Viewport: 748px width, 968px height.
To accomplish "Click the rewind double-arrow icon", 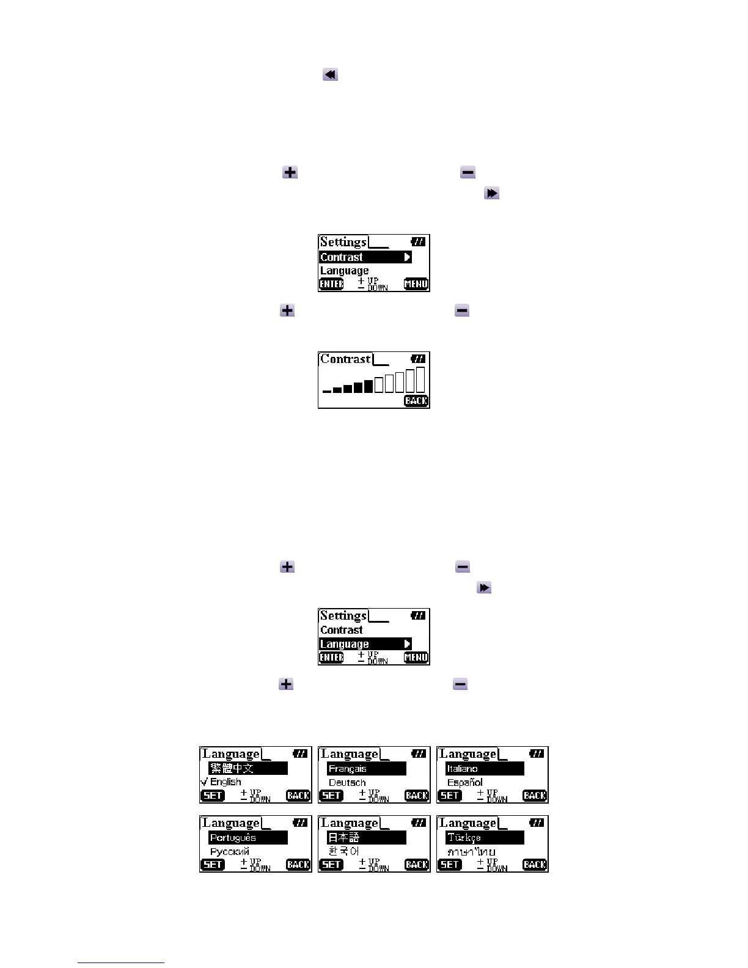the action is click(330, 75).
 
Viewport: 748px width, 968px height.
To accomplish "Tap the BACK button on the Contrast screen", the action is click(416, 401).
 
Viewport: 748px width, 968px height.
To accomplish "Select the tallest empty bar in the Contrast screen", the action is click(420, 380).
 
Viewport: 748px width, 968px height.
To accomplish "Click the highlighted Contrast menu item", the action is click(365, 257).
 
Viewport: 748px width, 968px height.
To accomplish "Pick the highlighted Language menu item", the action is click(365, 644).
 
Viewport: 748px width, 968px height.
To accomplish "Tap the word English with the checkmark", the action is click(226, 782).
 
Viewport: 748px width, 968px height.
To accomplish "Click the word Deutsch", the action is click(347, 783).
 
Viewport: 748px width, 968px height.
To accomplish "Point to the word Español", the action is click(465, 783).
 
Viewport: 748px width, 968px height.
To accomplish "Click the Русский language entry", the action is click(230, 852).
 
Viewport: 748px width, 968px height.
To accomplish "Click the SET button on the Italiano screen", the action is click(450, 796).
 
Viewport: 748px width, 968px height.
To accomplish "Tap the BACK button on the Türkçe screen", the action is click(535, 865).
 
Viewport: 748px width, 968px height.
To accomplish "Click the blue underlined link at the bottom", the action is click(121, 963).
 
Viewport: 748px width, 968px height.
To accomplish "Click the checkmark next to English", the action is click(204, 782).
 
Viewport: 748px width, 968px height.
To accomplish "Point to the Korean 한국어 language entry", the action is click(343, 851).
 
